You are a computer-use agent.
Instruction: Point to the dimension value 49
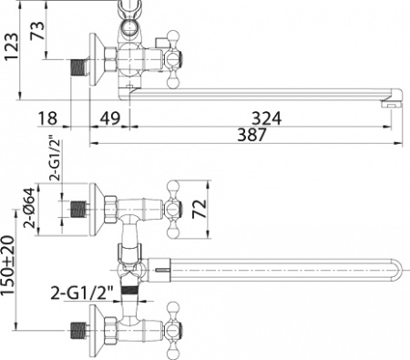(110, 117)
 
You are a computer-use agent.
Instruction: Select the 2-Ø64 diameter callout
(29, 209)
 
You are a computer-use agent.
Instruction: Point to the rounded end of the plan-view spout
(398, 271)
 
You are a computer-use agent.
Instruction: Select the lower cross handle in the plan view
(174, 327)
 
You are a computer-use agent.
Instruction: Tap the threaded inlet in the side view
(81, 67)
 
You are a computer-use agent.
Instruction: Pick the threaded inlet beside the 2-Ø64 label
(81, 209)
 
